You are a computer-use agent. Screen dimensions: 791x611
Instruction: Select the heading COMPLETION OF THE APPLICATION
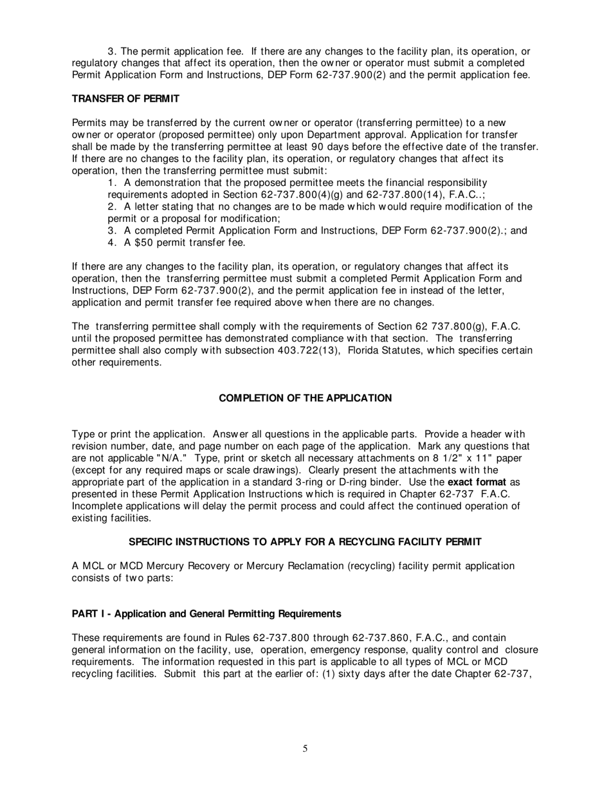pyautogui.click(x=305, y=398)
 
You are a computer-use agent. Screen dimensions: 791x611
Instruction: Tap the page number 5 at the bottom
pyautogui.click(x=305, y=748)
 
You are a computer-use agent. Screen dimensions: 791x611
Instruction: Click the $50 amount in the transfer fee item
pyautogui.click(x=143, y=242)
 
